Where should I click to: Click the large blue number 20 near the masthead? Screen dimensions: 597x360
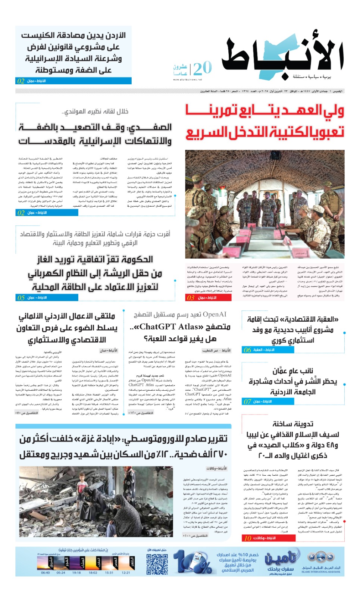point(203,68)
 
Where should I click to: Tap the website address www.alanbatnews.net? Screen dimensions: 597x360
point(188,79)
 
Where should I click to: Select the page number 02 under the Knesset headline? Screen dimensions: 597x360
point(21,81)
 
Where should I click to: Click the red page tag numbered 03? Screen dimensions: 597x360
point(191,298)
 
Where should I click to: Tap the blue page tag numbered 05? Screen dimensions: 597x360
point(21,298)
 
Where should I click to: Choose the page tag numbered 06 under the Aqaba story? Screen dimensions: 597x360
point(247,350)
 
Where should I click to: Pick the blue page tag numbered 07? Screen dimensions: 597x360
point(247,401)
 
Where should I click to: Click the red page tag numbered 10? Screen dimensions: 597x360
point(248,538)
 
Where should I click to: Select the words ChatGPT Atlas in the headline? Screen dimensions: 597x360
point(169,327)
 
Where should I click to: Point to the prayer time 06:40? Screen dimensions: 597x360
point(46,573)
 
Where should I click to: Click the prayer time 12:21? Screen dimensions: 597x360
point(126,573)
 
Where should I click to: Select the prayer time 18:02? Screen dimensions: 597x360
point(93,573)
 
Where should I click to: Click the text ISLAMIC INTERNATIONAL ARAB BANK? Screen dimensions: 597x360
point(321,572)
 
